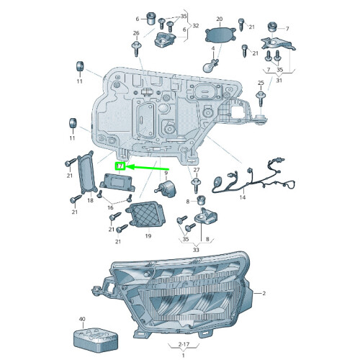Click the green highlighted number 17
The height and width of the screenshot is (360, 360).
(x=121, y=167)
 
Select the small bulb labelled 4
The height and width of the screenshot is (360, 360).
(x=212, y=63)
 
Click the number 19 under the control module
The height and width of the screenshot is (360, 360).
(x=147, y=235)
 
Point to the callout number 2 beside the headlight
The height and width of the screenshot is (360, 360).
(x=264, y=293)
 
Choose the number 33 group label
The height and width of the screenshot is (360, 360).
(x=196, y=249)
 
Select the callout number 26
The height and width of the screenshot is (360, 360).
(x=135, y=33)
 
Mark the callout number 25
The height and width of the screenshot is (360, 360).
(x=261, y=84)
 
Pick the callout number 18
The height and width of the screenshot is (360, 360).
(x=91, y=200)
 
